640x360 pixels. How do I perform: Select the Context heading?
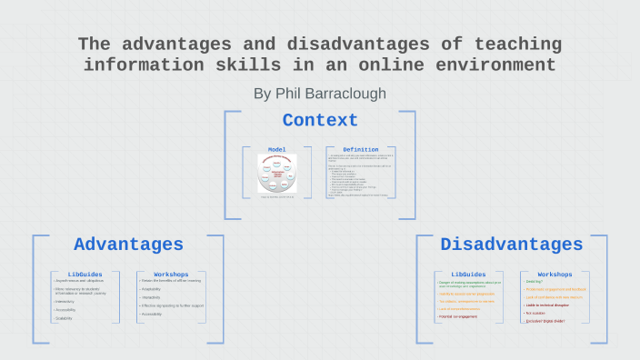coord(320,121)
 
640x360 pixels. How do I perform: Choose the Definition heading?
coord(360,149)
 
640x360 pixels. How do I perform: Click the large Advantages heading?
coord(128,245)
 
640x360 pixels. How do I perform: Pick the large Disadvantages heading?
coord(511,245)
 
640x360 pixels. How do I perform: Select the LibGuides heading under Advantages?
coord(85,274)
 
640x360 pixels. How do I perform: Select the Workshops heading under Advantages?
coord(171,274)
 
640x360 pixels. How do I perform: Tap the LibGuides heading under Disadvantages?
coord(469,274)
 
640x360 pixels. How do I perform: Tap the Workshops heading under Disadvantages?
coord(555,274)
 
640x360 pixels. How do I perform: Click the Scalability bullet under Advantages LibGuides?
coord(65,318)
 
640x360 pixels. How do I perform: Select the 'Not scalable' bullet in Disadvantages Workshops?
coord(536,313)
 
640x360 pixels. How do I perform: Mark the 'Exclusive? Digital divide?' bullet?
coord(545,321)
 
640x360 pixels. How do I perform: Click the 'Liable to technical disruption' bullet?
coord(551,305)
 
